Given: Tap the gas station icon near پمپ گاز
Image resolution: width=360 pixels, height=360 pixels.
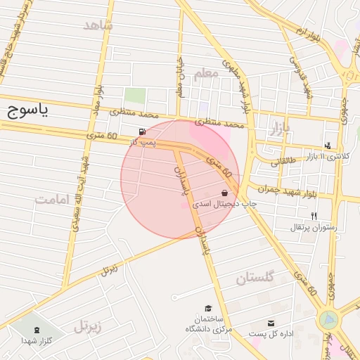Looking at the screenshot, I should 143,131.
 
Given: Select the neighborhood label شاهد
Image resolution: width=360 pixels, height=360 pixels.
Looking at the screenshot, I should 98,25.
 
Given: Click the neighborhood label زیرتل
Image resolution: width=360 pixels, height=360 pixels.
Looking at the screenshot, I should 88,326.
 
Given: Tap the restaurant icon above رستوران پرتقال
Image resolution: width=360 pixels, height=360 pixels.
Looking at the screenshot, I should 314,217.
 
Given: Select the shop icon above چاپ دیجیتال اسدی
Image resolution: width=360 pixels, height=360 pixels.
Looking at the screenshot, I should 225,193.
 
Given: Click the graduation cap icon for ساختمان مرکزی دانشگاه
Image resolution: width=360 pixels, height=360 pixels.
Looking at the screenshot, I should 208,308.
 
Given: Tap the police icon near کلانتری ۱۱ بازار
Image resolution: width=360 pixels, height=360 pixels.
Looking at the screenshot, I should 328,146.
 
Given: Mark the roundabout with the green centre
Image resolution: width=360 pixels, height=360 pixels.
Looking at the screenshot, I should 328,320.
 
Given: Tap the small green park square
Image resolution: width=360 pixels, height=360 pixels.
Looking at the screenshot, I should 134,96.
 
